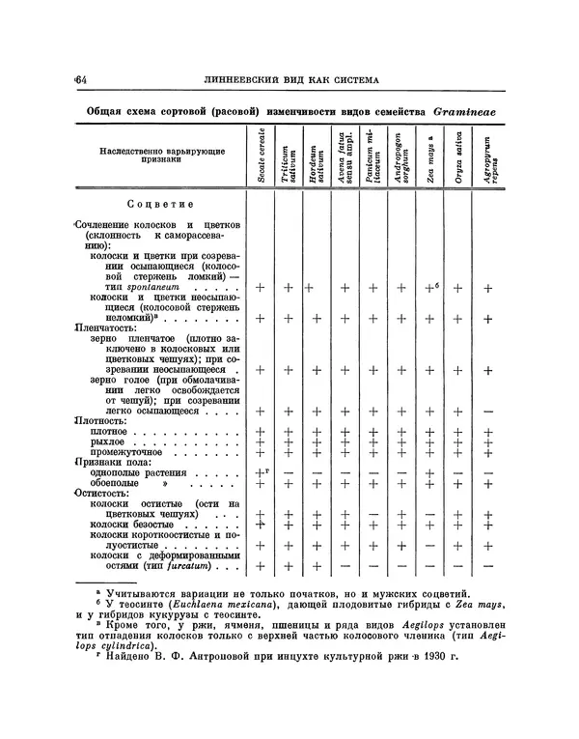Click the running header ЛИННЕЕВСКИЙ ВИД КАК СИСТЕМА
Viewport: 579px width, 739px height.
(x=289, y=79)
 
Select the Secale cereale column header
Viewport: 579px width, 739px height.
(x=261, y=156)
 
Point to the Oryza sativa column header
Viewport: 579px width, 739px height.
(x=458, y=160)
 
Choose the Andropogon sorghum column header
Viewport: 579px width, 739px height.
(x=402, y=160)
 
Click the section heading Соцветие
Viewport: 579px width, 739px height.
(x=160, y=204)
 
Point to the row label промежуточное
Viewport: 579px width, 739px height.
(x=126, y=451)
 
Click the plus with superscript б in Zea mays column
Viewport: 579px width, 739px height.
(x=431, y=287)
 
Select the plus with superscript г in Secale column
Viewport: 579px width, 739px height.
(x=260, y=471)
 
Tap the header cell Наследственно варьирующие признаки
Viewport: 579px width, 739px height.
(x=158, y=156)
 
